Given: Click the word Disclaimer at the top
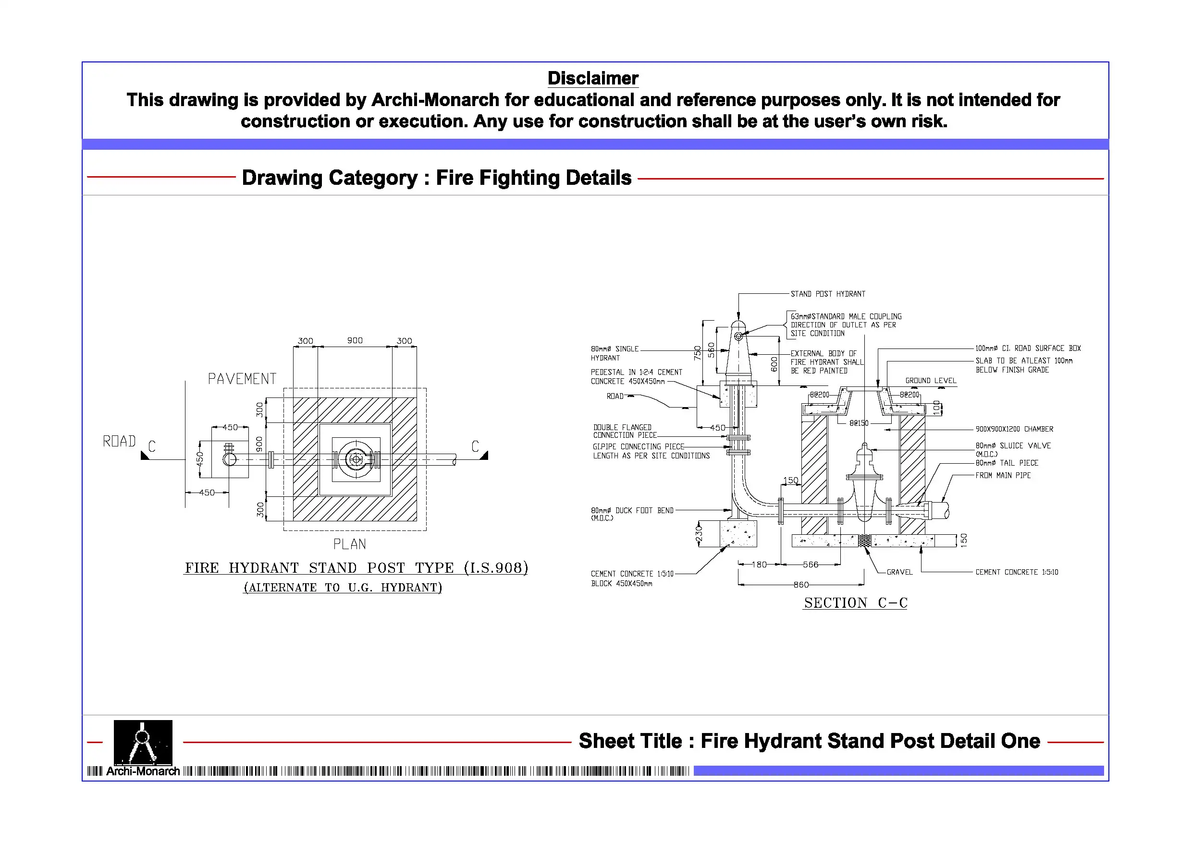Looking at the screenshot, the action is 593,78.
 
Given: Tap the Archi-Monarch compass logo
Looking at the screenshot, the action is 143,743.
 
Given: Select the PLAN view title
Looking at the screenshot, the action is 349,544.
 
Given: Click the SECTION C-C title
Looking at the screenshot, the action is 856,603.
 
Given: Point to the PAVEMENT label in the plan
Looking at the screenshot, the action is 242,379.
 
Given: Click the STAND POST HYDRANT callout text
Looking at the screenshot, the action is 828,294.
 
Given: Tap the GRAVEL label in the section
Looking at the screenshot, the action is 899,572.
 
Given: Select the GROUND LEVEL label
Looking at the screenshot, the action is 931,380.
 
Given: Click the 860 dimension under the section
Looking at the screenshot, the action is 801,585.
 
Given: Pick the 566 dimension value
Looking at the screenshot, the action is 811,565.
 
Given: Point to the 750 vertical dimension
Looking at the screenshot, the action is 697,353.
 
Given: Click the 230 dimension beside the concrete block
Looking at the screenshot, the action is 699,534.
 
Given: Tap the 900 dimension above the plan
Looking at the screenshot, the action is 355,340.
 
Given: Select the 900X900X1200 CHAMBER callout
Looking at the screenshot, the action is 1014,429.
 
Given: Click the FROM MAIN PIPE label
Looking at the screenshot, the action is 1003,475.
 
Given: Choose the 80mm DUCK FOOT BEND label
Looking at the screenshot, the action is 632,510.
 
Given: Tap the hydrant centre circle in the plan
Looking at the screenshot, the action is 356,459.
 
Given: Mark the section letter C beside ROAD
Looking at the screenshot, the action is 152,446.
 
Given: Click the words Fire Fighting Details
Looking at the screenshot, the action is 534,178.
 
